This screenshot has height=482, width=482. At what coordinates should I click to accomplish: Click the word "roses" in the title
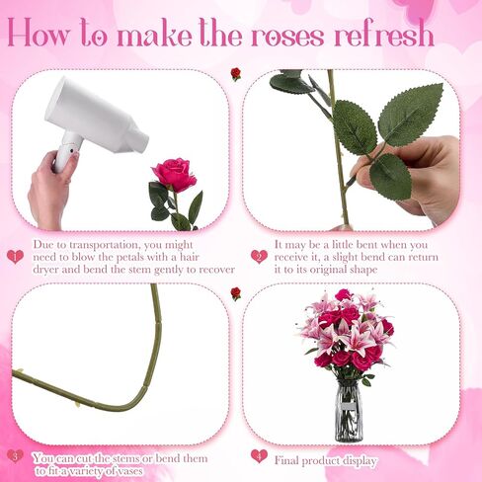288,36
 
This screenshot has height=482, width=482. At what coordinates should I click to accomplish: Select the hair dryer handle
65,153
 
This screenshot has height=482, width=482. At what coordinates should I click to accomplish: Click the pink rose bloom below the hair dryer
174,174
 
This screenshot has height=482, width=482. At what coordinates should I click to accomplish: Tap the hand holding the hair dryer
49,188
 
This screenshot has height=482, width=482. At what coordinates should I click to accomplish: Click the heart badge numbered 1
15,257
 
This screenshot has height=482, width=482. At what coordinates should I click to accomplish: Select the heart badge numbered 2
259,257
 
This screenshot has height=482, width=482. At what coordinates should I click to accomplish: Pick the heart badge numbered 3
15,456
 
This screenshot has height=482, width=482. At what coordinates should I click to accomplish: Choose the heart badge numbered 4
259,456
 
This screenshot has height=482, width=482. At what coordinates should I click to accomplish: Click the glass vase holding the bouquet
348,410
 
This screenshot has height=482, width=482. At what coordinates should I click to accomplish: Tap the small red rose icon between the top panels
236,74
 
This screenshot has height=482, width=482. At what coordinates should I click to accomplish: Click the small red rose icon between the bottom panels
236,293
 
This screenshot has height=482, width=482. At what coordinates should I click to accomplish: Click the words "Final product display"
325,460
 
